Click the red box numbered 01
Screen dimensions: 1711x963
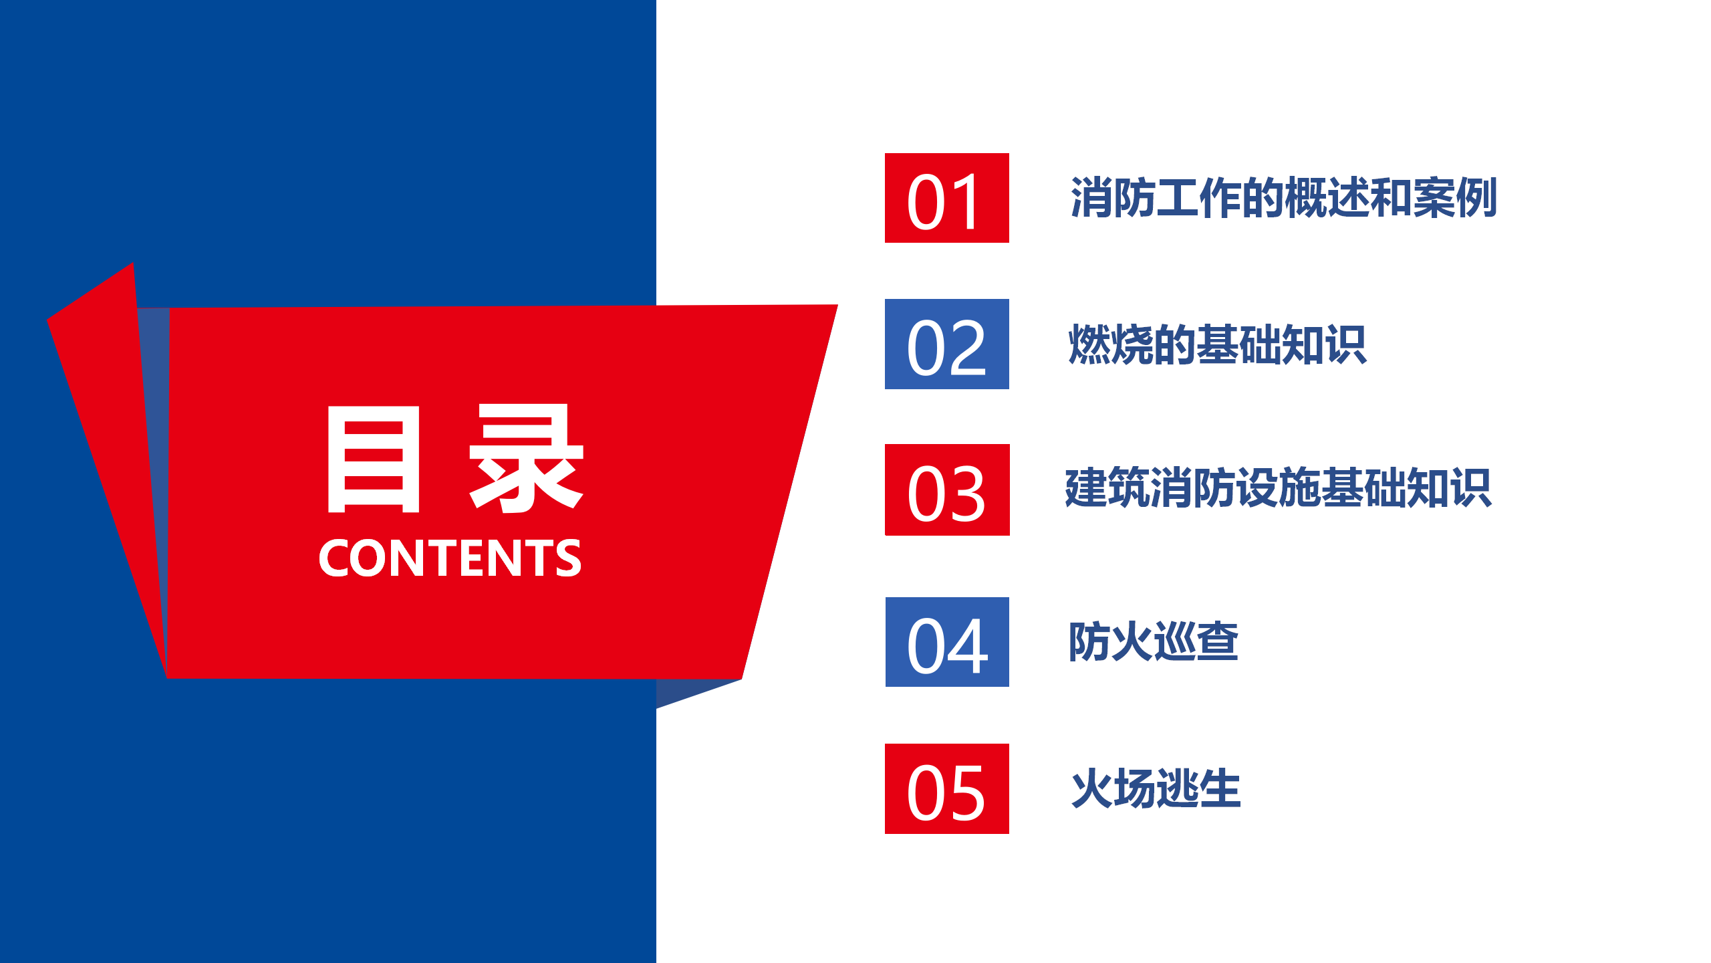(946, 198)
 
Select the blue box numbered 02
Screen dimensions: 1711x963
(946, 344)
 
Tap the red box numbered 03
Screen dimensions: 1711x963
(947, 490)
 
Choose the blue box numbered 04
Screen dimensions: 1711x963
(947, 642)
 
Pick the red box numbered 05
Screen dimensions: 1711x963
(946, 789)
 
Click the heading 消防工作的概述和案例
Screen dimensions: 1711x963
(1283, 198)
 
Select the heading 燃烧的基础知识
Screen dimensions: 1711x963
(1218, 345)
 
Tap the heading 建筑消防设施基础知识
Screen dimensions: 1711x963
(1278, 488)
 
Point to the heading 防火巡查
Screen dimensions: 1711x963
(1154, 642)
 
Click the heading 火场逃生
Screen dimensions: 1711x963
(1156, 789)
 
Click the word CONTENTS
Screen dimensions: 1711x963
(450, 558)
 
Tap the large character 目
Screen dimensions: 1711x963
(373, 459)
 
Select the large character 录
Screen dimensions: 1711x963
(527, 459)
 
